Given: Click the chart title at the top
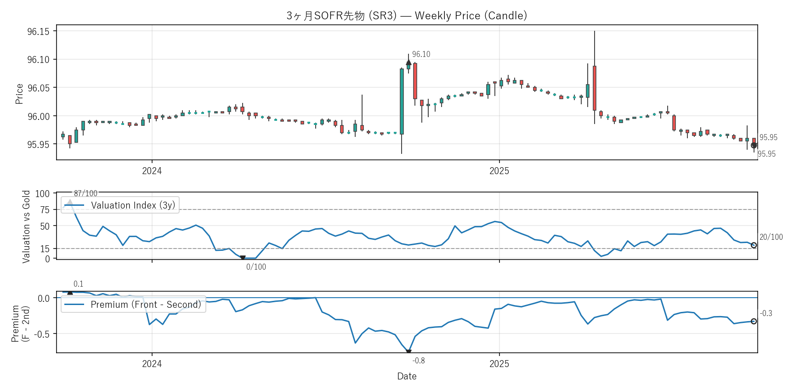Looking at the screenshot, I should [x=407, y=16].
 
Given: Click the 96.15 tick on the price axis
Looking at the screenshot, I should [x=38, y=32].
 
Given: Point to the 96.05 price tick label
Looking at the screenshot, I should [x=38, y=88].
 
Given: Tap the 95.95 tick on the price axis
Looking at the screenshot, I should [x=38, y=145].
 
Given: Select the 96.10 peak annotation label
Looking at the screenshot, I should [x=421, y=55].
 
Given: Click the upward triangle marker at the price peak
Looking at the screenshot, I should [x=408, y=62].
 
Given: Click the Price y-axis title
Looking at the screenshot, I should [x=19, y=94].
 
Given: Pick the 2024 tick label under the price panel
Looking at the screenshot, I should [x=152, y=171].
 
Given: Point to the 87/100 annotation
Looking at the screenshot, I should [x=85, y=193].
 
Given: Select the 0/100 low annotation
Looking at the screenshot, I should [x=256, y=267].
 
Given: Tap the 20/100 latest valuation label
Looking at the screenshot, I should [x=771, y=237].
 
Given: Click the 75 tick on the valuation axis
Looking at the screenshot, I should [x=45, y=210].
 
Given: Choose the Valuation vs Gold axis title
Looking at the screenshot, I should [x=26, y=226].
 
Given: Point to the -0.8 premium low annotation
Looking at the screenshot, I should [x=419, y=361].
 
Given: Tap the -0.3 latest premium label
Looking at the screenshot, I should [x=766, y=313].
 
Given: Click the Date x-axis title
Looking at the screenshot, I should [x=407, y=376].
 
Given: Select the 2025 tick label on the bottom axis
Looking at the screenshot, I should [x=499, y=364].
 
